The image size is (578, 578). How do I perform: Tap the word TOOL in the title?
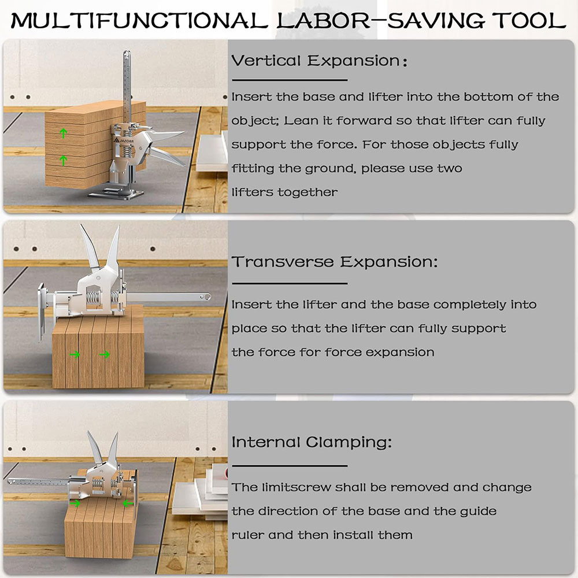pyautogui.click(x=529, y=20)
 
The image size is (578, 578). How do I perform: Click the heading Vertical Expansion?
pyautogui.click(x=319, y=61)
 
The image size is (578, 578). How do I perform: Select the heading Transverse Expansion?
pyautogui.click(x=335, y=262)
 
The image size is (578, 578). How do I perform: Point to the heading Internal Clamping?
pyautogui.click(x=312, y=442)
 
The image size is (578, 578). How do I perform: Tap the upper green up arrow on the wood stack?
pyautogui.click(x=64, y=133)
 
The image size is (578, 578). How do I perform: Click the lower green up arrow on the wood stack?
pyautogui.click(x=64, y=160)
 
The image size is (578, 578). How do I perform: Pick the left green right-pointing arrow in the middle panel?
pyautogui.click(x=75, y=355)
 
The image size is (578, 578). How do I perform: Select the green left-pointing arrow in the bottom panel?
pyautogui.click(x=128, y=503)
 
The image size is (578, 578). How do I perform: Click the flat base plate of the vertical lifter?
pyautogui.click(x=116, y=193)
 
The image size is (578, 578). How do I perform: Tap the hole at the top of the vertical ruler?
pyautogui.click(x=127, y=55)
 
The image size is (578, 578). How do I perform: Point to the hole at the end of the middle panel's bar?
pyautogui.click(x=207, y=297)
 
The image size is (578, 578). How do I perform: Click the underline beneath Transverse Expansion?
pyautogui.click(x=290, y=283)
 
